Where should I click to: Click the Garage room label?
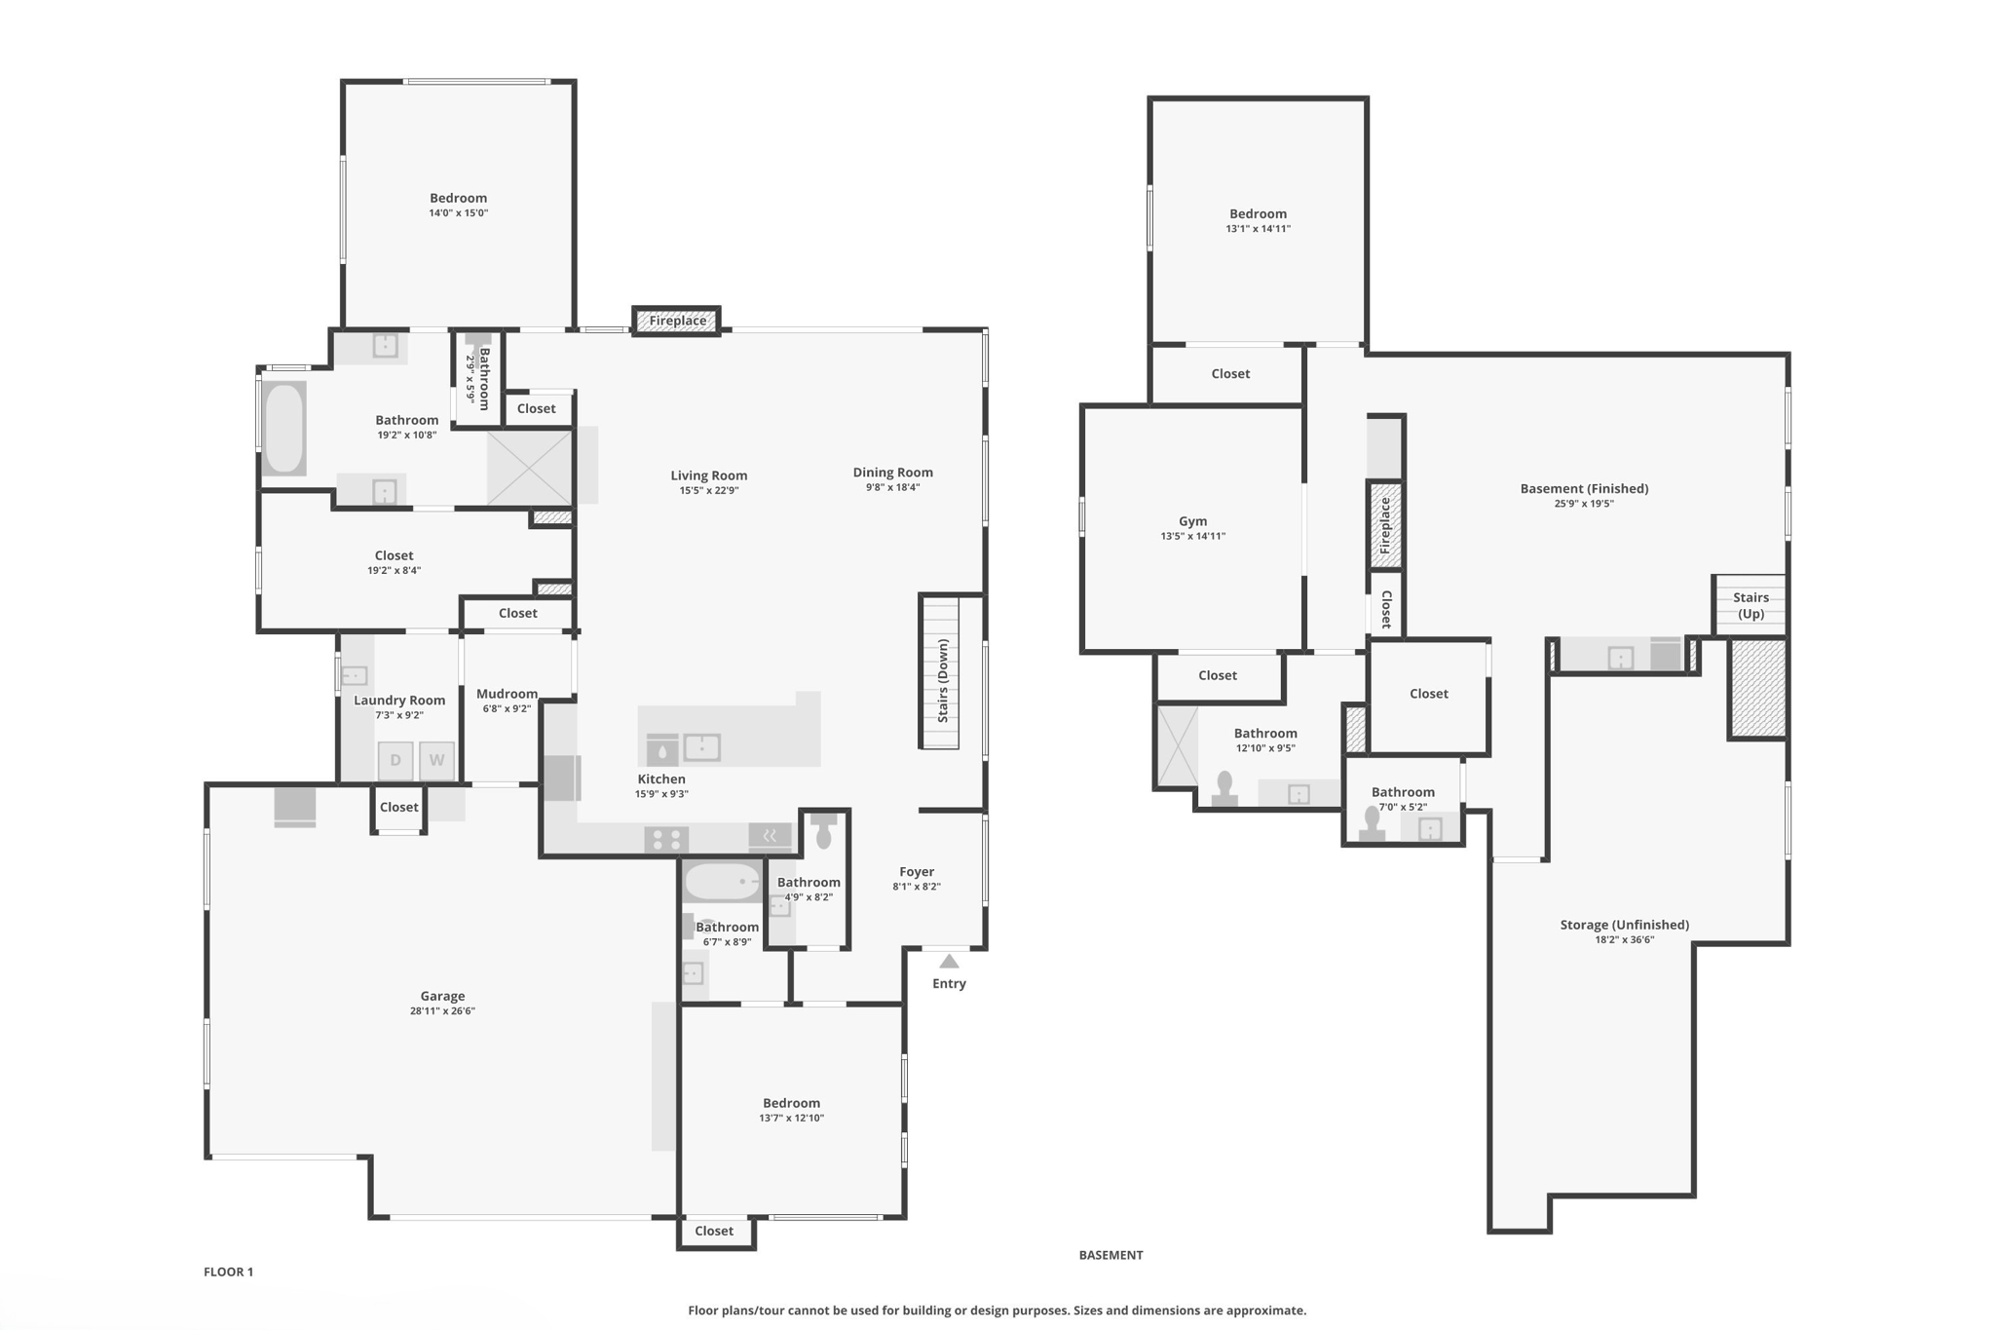coord(442,996)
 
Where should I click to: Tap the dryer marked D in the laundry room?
coord(395,760)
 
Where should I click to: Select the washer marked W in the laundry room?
coord(436,760)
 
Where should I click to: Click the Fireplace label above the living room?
coord(677,321)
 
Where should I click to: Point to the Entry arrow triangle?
coord(949,962)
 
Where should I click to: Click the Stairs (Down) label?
coord(943,680)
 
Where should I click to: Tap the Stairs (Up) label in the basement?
coord(1750,605)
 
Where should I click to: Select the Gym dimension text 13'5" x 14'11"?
coord(1192,536)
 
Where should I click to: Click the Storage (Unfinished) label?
coord(1624,925)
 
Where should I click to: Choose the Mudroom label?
coord(507,694)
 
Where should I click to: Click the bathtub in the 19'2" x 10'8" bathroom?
coord(284,429)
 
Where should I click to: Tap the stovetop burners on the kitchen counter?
coord(666,839)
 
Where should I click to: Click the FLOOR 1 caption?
coord(228,1272)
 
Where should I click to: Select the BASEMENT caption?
coord(1110,1255)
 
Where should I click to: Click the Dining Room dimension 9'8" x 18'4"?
coord(892,487)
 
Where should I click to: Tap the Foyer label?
coord(916,871)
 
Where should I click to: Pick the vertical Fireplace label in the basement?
coord(1385,525)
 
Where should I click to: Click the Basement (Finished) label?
coord(1584,488)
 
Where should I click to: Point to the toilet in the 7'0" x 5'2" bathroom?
coord(1373,822)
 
